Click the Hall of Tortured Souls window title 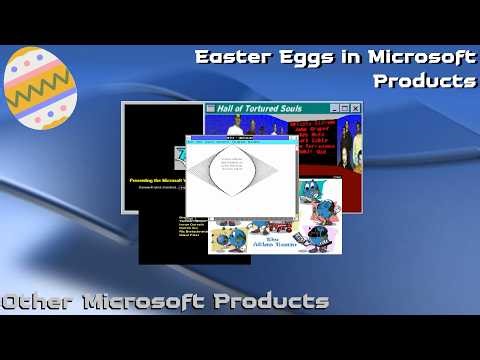pyautogui.click(x=265, y=108)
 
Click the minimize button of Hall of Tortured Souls pyautogui.click(x=332, y=108)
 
